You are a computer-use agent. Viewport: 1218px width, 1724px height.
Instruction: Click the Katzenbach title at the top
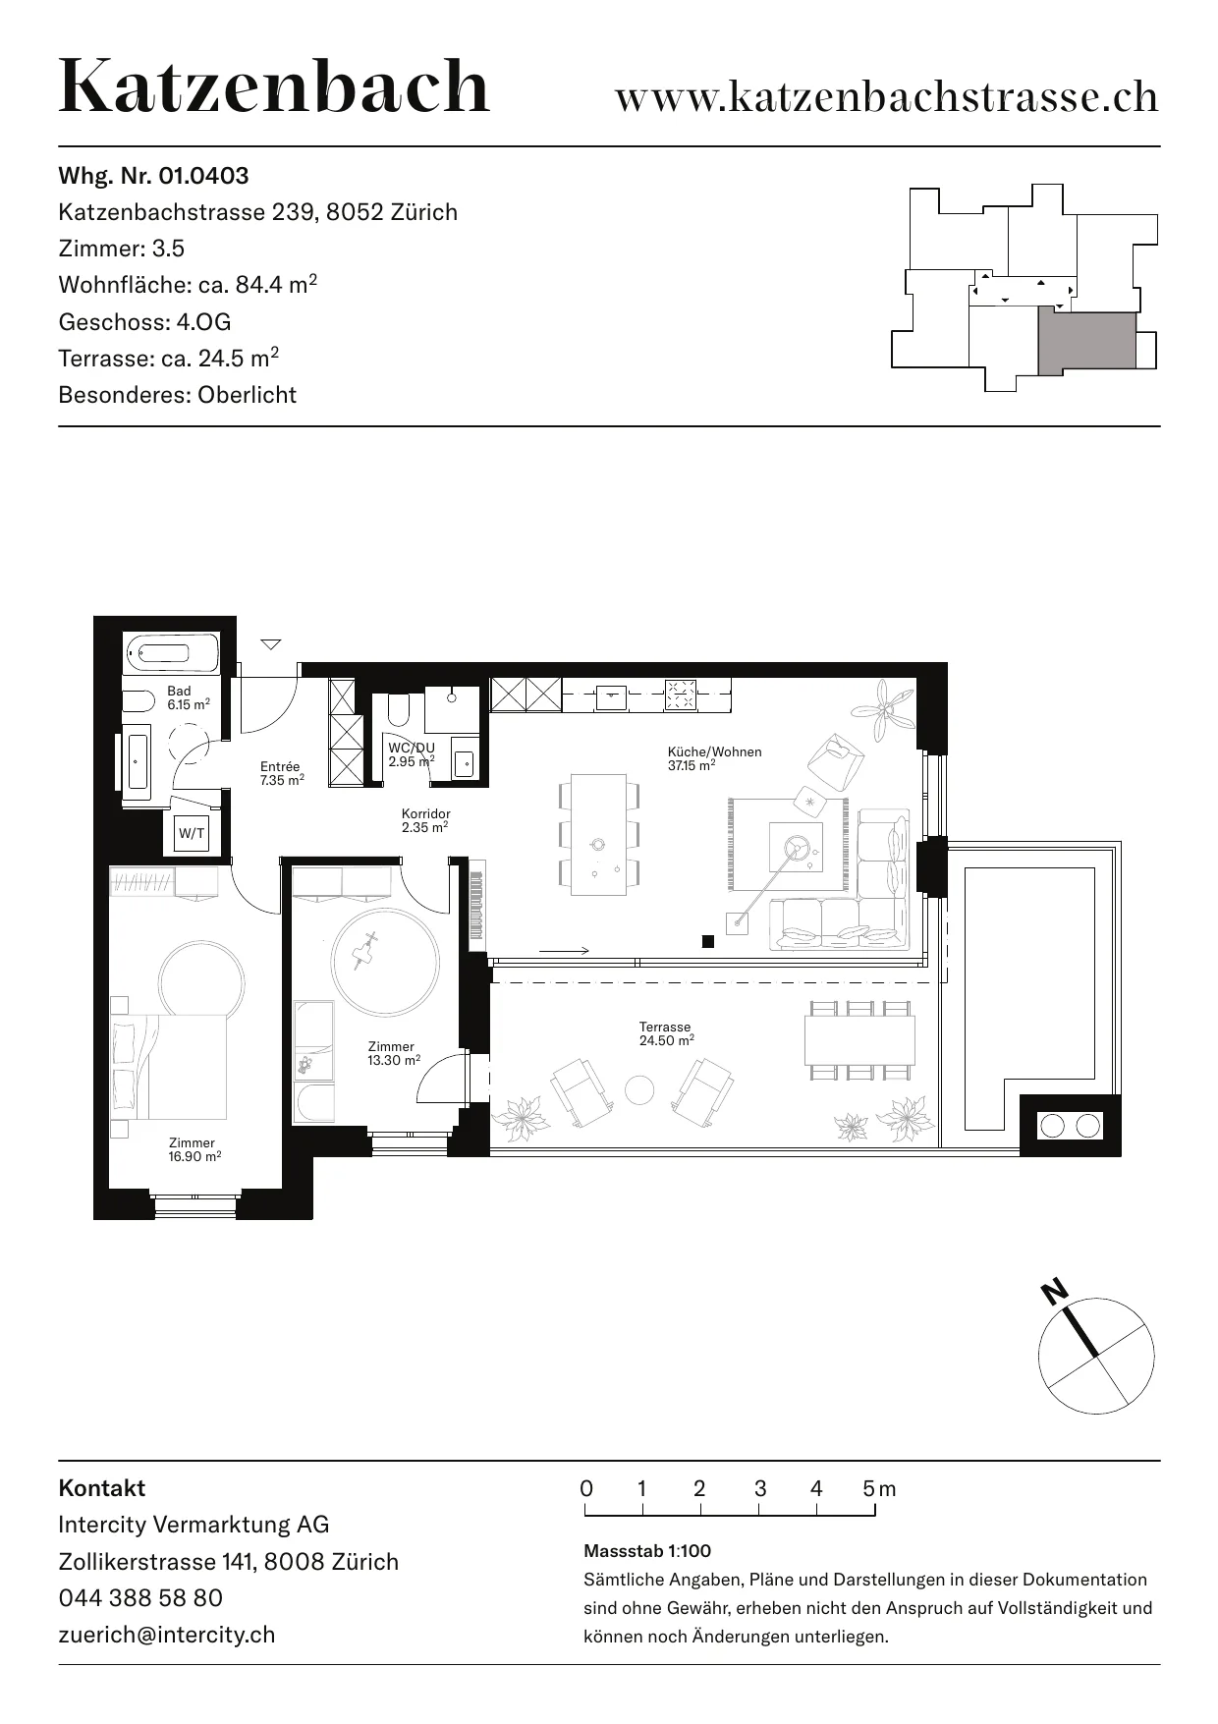tap(274, 86)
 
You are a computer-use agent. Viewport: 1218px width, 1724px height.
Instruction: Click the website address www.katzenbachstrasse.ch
tap(887, 97)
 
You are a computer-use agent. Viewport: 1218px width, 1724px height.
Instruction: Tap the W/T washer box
tap(192, 834)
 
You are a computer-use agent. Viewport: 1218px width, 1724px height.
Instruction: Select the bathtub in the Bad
tap(172, 651)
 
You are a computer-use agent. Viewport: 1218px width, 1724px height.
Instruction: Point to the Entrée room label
tap(282, 773)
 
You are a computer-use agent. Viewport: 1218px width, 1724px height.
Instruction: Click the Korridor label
tap(425, 820)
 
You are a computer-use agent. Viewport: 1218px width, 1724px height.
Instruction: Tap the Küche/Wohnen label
tap(714, 758)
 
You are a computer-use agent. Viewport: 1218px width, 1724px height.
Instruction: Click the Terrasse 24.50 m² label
tap(666, 1033)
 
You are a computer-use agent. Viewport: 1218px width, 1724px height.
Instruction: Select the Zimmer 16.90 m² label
tap(194, 1149)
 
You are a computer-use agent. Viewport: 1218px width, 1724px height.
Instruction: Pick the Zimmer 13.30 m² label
tap(393, 1053)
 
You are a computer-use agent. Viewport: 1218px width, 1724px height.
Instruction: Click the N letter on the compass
tap(1055, 1292)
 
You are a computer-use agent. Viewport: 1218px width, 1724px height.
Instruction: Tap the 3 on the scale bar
tap(760, 1488)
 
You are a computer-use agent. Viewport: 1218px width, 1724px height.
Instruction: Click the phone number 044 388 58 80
tap(140, 1597)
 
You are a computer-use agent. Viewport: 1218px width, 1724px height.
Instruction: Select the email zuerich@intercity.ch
tap(167, 1635)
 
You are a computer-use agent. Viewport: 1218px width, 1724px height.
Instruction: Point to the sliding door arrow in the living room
tap(564, 950)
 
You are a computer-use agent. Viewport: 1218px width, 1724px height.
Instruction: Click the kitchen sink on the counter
tap(611, 695)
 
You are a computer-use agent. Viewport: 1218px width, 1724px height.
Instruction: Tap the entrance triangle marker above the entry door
tap(271, 644)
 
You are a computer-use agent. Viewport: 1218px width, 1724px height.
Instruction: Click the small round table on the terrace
tap(639, 1089)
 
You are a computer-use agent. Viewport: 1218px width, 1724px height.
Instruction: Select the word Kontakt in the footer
tap(102, 1487)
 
